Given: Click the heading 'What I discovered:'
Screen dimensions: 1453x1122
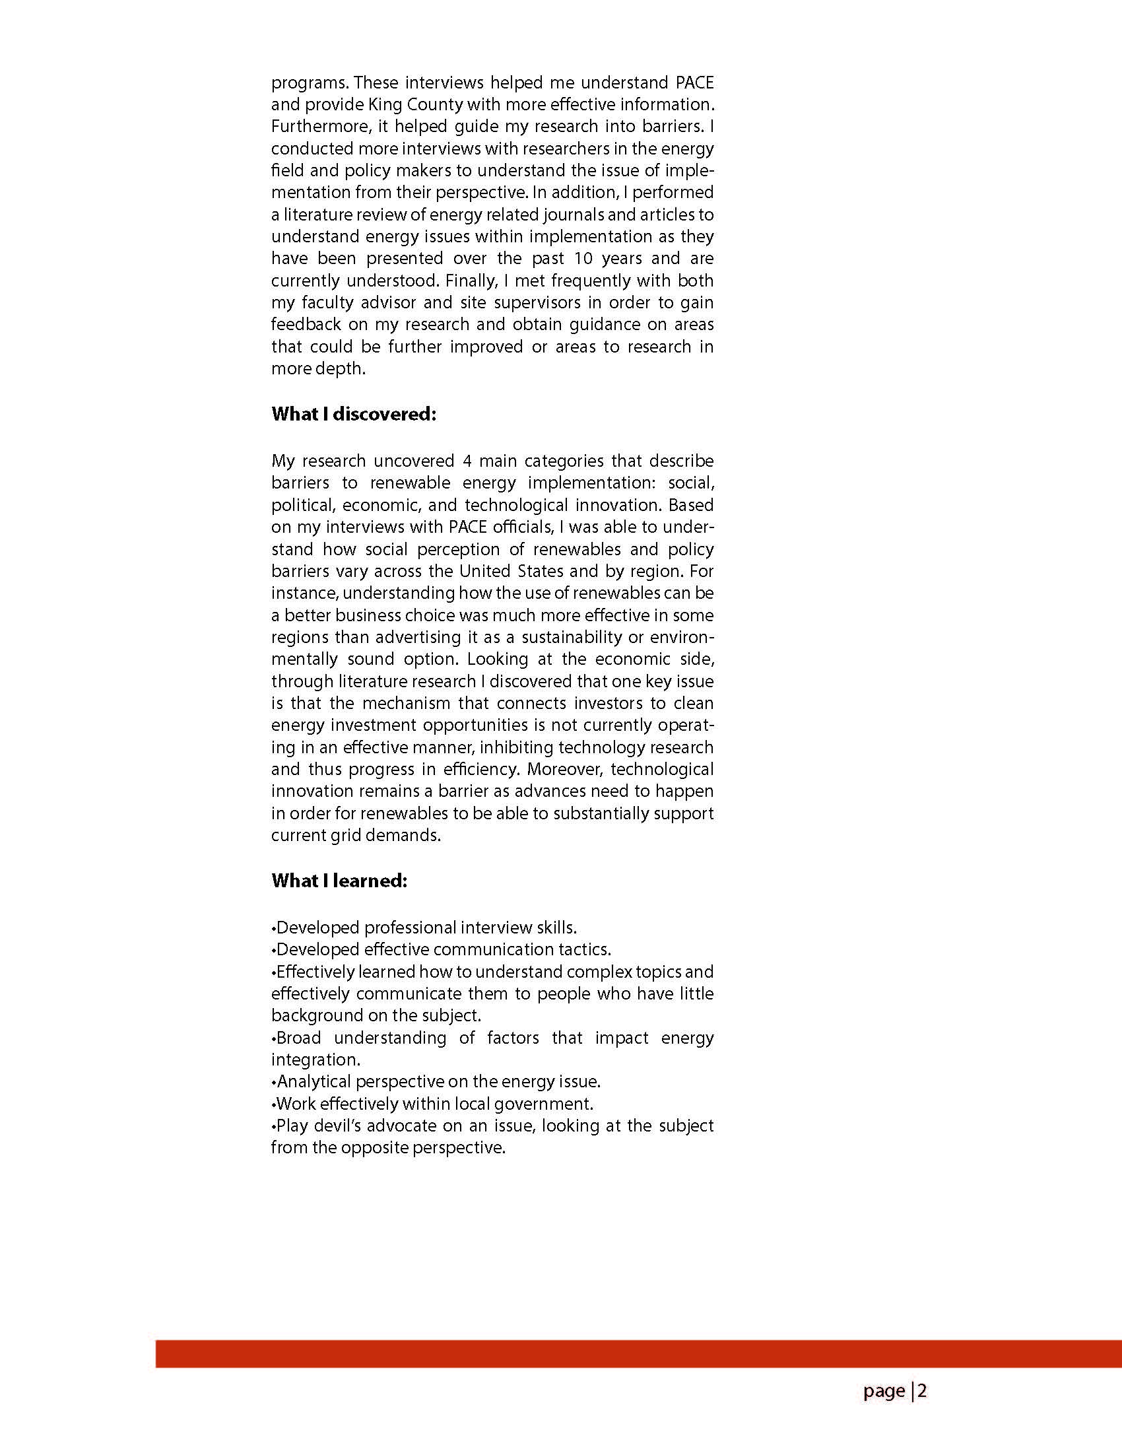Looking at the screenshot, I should [354, 414].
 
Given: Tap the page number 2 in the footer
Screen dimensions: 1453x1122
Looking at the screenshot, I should [923, 1390].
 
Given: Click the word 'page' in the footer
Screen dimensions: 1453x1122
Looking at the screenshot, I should [884, 1391].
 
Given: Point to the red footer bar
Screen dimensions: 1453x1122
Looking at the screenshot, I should [638, 1354].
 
